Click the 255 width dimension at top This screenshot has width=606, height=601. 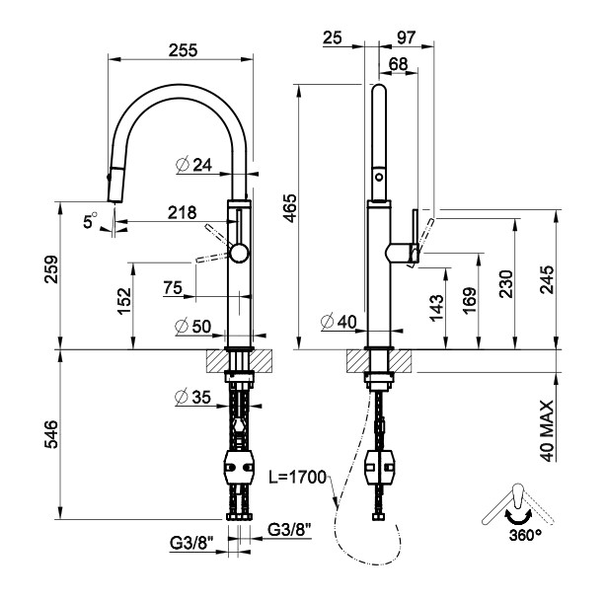[x=181, y=48]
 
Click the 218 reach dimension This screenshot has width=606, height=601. [x=182, y=211]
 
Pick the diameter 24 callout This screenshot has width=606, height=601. [x=196, y=165]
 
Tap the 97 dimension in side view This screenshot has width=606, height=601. [x=406, y=37]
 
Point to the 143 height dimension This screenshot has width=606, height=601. [x=436, y=307]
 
